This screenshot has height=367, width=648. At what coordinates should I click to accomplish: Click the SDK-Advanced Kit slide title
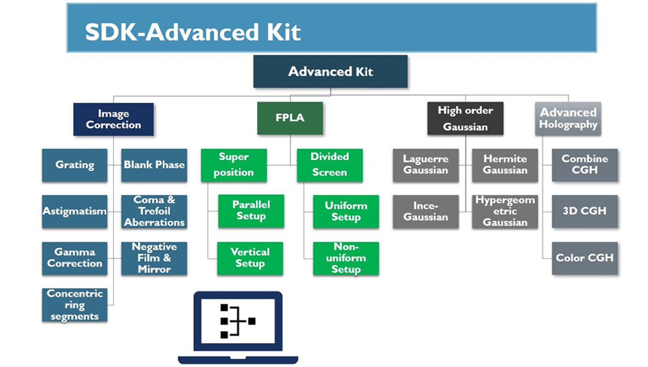[x=193, y=32]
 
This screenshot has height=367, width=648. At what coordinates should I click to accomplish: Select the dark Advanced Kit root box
[x=330, y=71]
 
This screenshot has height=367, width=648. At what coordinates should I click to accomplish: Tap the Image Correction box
[x=113, y=119]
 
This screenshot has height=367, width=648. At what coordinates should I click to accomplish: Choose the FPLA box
[x=290, y=118]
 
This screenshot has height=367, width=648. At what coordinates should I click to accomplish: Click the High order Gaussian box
[x=465, y=119]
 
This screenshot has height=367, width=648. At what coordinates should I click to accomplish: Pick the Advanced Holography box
[x=568, y=119]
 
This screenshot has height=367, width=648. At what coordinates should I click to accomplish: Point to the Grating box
[x=75, y=165]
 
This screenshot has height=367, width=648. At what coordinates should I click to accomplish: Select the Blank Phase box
[x=154, y=165]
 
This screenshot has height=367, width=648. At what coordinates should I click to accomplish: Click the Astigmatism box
[x=75, y=212]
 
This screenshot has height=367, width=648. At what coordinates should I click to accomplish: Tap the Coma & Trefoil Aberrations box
[x=154, y=212]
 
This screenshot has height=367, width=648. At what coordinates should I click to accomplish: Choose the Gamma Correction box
[x=75, y=258]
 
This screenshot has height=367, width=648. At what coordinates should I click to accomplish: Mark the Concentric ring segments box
[x=75, y=305]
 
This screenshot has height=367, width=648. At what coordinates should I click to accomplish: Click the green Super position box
[x=233, y=165]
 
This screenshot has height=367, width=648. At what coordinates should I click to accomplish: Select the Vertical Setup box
[x=249, y=258]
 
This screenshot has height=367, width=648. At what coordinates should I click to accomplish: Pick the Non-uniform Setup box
[x=346, y=258]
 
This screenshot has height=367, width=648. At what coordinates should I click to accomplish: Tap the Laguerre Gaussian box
[x=426, y=165]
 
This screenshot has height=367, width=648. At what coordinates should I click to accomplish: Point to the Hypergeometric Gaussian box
[x=505, y=212]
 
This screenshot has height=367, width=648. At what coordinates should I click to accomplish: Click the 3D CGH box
[x=584, y=212]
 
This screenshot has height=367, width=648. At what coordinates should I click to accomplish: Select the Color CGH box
[x=584, y=258]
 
